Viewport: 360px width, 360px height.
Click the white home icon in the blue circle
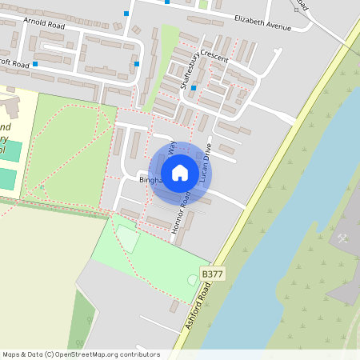(x=180, y=173)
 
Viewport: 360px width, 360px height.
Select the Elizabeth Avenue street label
(x=262, y=22)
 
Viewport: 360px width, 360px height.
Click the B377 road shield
(x=212, y=274)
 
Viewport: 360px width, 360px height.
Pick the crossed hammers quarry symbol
(x=342, y=238)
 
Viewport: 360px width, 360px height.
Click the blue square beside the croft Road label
(x=35, y=62)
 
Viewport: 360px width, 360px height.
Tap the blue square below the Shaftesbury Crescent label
(x=194, y=89)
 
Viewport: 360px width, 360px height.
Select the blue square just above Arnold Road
(x=126, y=13)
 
